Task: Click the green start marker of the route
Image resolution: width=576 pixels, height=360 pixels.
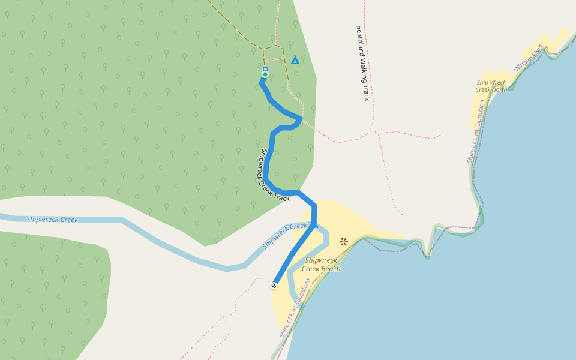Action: click(265, 74)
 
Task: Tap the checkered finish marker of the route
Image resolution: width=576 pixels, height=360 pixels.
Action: click(274, 286)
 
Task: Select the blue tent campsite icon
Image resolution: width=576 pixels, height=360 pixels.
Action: click(295, 59)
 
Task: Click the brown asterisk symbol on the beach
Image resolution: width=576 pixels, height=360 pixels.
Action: click(344, 242)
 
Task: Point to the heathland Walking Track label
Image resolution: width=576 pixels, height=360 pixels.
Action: click(362, 62)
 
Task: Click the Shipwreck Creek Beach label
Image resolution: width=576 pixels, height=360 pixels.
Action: click(323, 265)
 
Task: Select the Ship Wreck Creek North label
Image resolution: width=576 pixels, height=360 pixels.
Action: click(491, 86)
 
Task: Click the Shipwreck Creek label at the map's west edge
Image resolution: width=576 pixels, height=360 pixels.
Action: click(52, 220)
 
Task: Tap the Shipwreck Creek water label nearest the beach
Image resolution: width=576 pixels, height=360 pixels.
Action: click(285, 235)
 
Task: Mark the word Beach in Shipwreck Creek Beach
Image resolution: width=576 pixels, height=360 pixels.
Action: click(331, 269)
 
